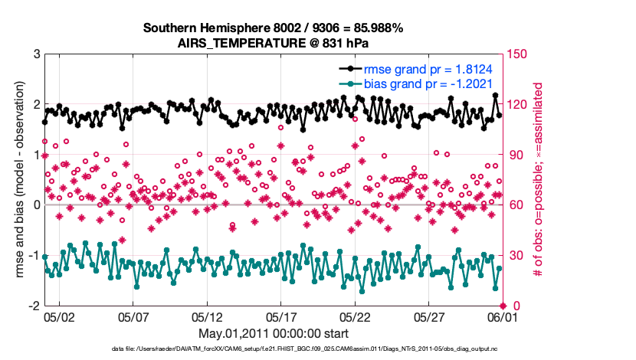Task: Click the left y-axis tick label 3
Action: pos(36,54)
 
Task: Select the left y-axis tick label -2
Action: pos(34,306)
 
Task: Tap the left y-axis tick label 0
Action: pos(36,205)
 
